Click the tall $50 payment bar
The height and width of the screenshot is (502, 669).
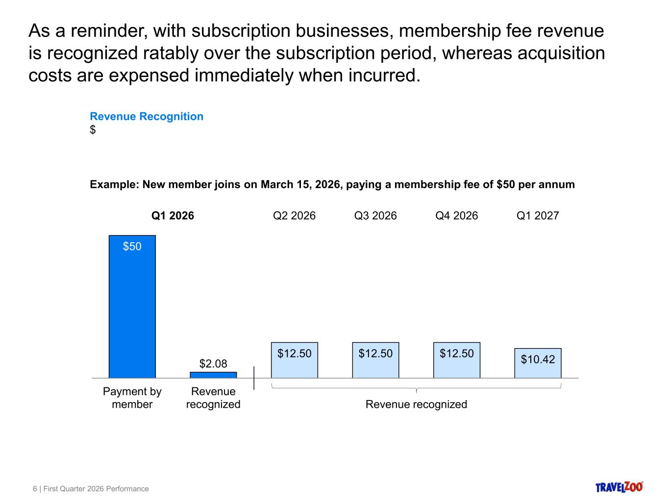(132, 306)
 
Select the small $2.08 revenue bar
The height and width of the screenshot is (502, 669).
(213, 375)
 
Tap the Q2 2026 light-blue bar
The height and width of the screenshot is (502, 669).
(294, 360)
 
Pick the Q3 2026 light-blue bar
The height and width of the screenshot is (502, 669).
(375, 360)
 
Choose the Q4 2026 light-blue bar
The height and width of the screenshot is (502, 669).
(457, 360)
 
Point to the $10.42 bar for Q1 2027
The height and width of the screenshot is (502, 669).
(538, 363)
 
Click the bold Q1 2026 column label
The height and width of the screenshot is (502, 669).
(173, 216)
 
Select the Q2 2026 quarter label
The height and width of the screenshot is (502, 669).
(294, 216)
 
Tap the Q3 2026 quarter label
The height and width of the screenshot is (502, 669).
(375, 216)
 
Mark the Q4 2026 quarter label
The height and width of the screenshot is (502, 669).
(456, 216)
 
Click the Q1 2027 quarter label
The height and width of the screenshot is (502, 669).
(538, 216)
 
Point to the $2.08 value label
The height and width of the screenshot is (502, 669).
(213, 364)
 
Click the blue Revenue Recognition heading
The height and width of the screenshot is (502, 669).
(147, 117)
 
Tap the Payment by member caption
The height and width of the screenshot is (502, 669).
(132, 398)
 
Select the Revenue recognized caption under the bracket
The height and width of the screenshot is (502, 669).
(416, 404)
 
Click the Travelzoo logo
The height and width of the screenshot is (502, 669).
(619, 487)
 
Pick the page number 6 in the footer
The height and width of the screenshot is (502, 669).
(35, 489)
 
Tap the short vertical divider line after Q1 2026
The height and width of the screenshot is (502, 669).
(254, 378)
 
